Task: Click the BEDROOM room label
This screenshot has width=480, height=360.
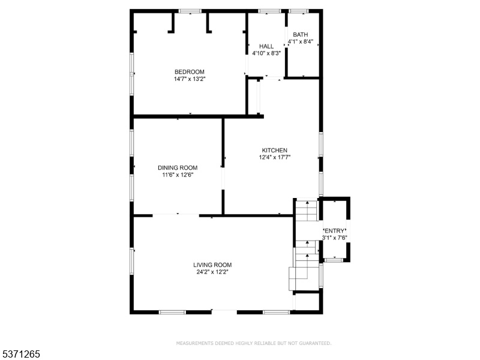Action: click(190, 72)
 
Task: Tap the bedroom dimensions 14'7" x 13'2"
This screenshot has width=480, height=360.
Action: click(190, 79)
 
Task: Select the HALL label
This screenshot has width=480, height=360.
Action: click(266, 46)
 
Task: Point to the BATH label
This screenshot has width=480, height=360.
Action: click(301, 35)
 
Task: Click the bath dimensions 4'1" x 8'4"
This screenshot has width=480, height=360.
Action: click(301, 41)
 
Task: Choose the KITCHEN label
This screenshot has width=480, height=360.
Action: click(275, 151)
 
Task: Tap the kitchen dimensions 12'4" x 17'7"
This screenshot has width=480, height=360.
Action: click(275, 157)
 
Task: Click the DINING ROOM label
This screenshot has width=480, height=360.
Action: click(178, 168)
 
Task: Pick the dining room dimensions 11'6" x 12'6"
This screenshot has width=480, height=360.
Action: click(178, 175)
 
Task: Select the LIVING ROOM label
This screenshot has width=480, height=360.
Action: click(212, 265)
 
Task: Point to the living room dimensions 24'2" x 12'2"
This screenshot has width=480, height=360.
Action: click(212, 272)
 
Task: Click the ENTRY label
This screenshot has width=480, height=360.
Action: click(335, 231)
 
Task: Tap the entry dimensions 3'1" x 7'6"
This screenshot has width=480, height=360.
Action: click(335, 238)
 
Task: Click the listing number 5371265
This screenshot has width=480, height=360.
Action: click(20, 354)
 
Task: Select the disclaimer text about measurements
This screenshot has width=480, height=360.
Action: click(254, 343)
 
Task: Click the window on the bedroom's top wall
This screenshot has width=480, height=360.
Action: click(190, 11)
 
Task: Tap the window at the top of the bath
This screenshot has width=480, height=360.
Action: click(298, 11)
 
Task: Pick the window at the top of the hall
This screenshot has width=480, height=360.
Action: click(269, 11)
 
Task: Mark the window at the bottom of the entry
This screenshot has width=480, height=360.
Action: click(334, 260)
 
